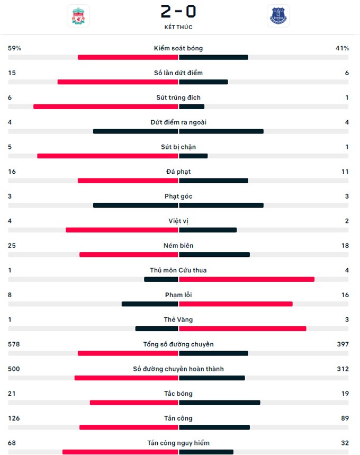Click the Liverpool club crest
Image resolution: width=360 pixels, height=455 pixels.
pos(78,16)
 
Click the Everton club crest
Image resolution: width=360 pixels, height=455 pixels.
pos(278,16)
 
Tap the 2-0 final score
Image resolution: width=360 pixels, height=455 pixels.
pos(178,12)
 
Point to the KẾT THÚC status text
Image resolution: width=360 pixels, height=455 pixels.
pos(178,27)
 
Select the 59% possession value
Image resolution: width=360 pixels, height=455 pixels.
pos(14,48)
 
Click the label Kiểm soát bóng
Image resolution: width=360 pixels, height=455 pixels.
pos(178,48)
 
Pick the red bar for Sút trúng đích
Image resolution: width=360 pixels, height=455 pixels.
pos(105,106)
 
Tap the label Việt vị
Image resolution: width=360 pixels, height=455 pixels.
pos(178,221)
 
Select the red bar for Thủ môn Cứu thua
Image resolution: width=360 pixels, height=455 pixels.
pos(247,279)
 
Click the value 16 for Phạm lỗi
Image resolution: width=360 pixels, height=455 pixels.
pos(345,295)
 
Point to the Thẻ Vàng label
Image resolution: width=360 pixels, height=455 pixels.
pos(178,319)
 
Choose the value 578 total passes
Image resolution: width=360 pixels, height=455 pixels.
pos(14,344)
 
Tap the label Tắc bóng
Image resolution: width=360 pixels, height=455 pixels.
pos(178,394)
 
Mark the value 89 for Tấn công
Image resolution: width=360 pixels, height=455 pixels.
pos(345,418)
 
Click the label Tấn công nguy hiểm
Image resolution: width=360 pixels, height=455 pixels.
pos(178,443)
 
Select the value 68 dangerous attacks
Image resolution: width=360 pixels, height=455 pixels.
pos(12,443)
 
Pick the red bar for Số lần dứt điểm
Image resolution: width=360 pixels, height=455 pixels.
pos(118,82)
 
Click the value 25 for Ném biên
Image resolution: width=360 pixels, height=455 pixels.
pos(12,246)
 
